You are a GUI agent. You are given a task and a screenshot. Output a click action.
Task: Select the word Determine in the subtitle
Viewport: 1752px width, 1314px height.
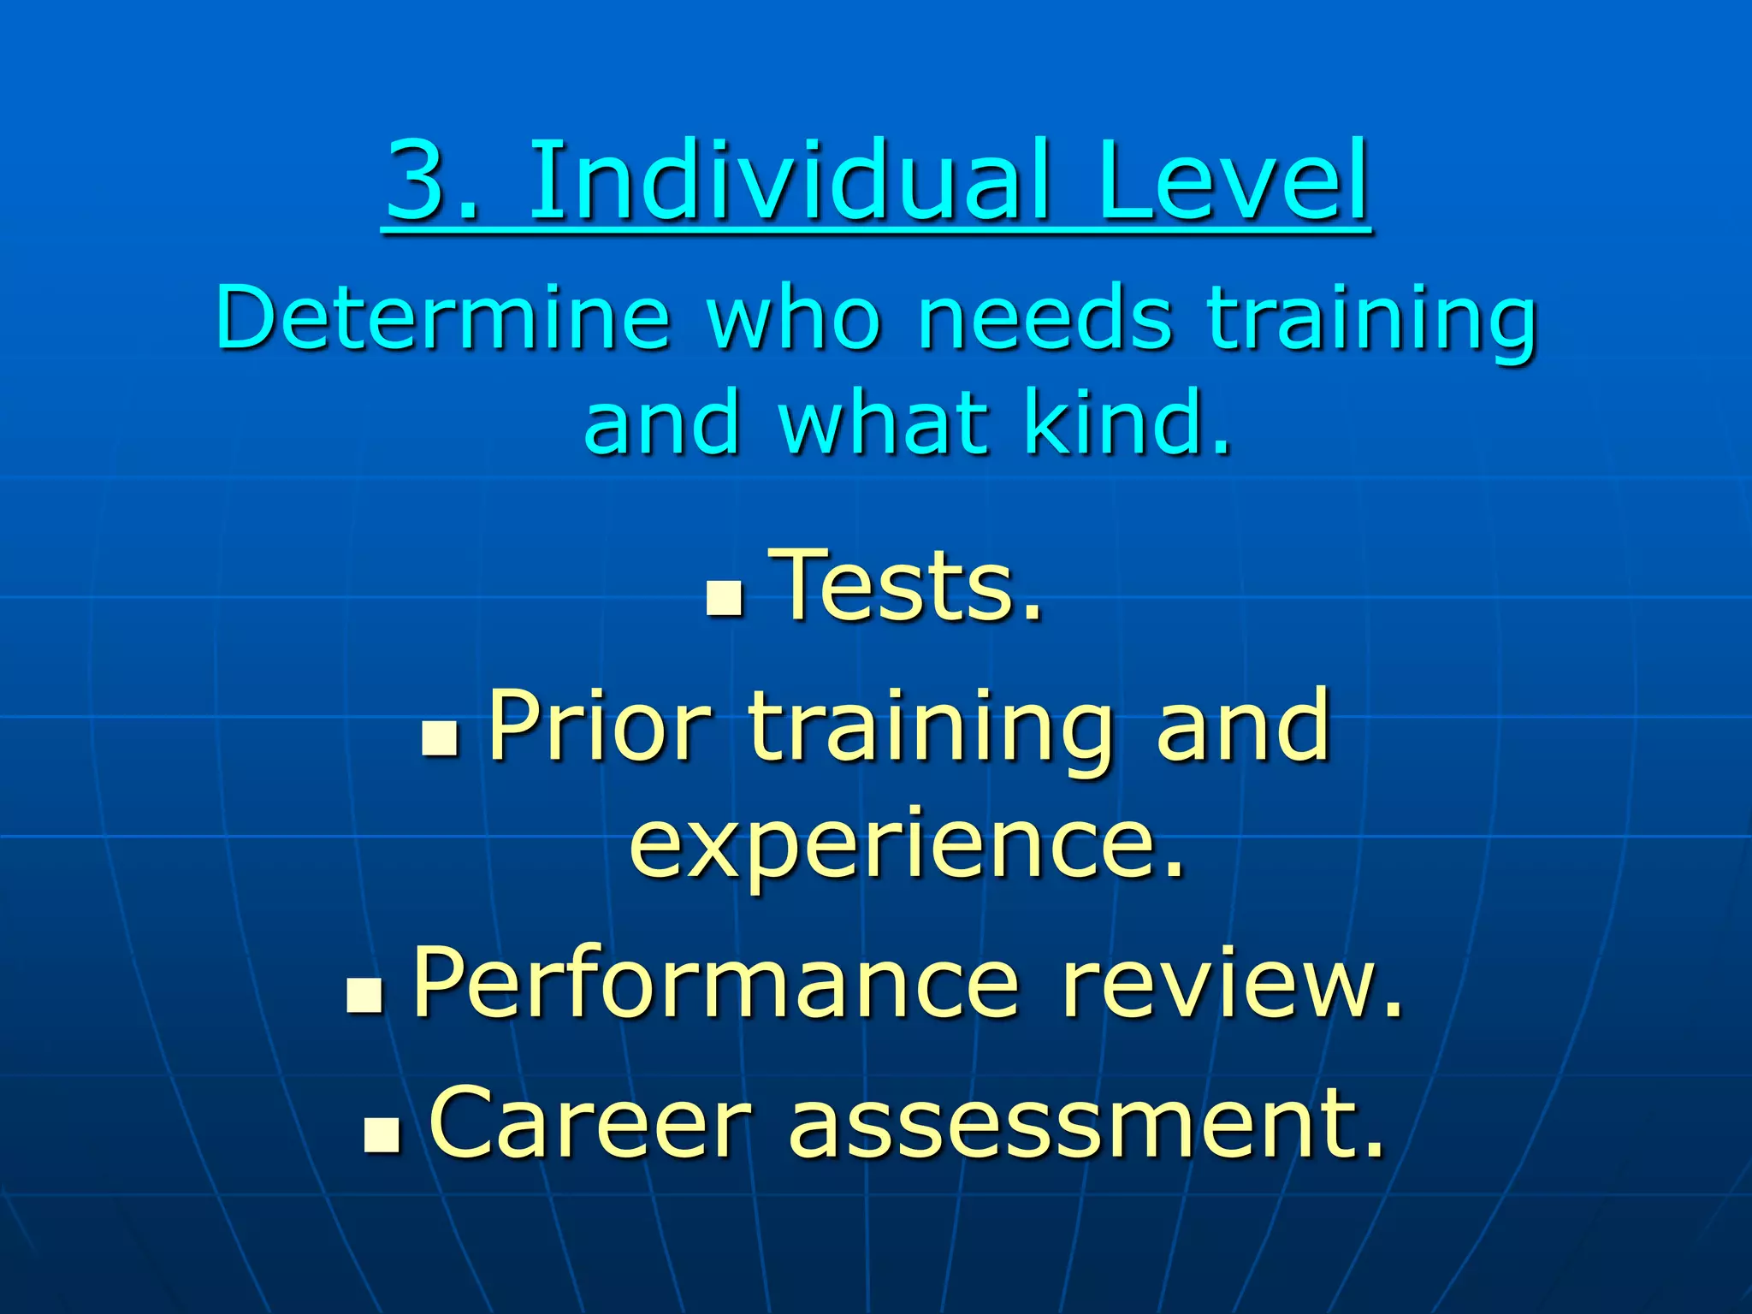[x=443, y=318]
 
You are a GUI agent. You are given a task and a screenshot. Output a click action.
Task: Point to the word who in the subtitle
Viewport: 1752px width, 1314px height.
[x=794, y=318]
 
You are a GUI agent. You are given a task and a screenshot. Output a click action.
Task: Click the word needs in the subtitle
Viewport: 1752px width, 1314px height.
[x=1044, y=318]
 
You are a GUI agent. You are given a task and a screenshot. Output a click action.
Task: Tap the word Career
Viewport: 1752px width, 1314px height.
[x=590, y=1123]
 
